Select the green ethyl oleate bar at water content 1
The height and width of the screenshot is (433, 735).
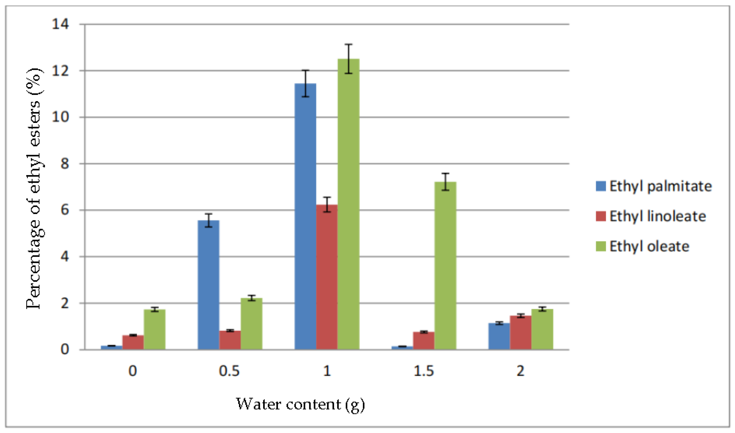click(x=348, y=204)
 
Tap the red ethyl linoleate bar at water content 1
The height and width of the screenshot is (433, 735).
click(x=327, y=277)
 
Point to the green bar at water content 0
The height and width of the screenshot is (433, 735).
click(x=154, y=329)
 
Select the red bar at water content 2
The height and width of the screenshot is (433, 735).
click(x=521, y=333)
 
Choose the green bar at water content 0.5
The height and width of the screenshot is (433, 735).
click(x=252, y=324)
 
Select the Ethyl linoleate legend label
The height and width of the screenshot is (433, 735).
click(x=658, y=216)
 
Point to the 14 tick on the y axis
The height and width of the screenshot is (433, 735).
click(x=60, y=24)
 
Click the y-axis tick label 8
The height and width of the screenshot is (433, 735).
click(x=64, y=164)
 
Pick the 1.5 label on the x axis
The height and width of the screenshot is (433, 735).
click(x=424, y=371)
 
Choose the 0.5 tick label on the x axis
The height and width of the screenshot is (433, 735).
click(x=229, y=371)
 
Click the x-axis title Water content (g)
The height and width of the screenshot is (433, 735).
click(x=300, y=404)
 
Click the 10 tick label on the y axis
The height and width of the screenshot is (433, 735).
click(x=60, y=117)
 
